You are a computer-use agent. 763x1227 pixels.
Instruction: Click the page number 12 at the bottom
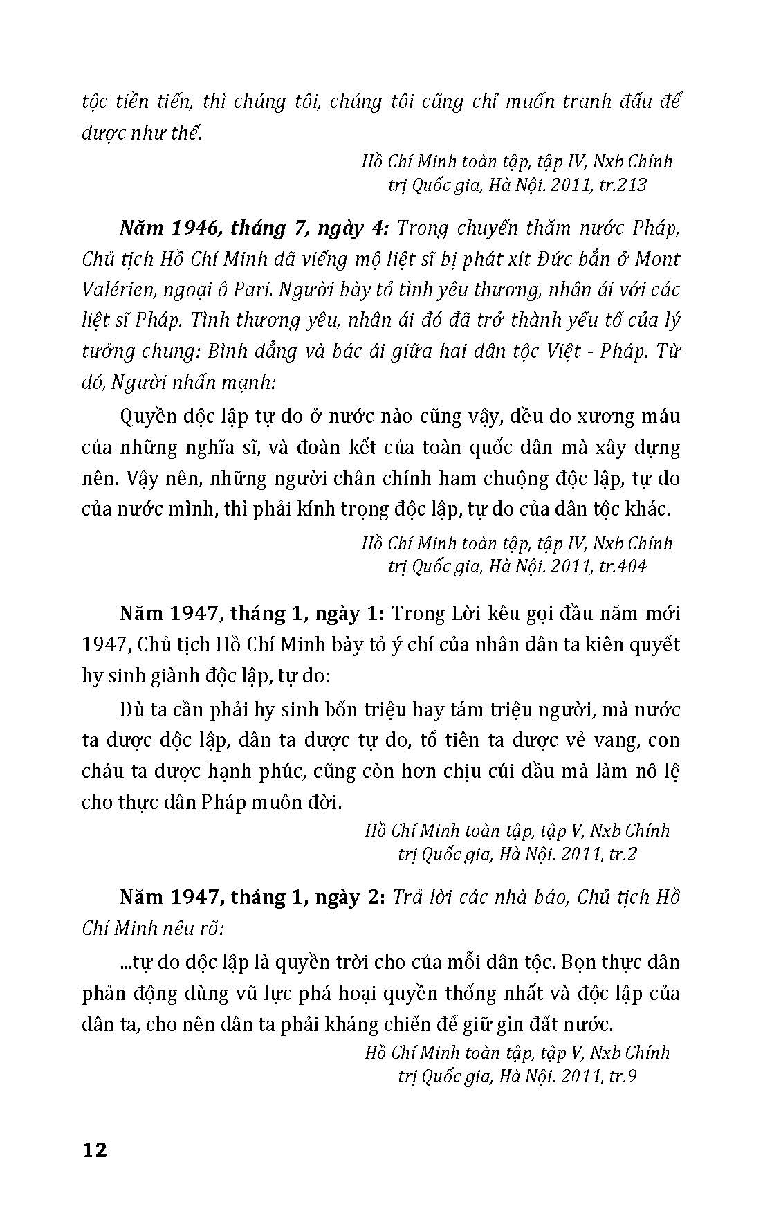click(95, 1150)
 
